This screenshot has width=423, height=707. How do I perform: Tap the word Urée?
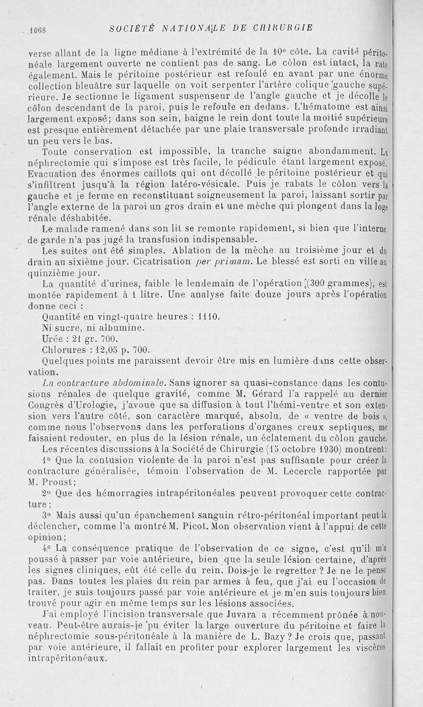[x=53, y=338]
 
